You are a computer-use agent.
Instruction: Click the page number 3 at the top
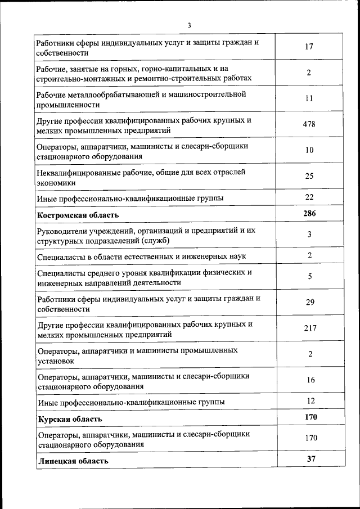click(x=190, y=25)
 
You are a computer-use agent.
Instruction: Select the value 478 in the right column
click(x=309, y=125)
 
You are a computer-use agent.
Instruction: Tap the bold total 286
click(x=309, y=214)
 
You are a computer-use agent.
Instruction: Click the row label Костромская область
click(x=78, y=215)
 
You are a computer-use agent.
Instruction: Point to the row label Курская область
click(x=70, y=420)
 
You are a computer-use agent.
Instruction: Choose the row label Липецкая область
click(x=73, y=461)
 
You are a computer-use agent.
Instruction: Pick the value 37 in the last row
click(x=311, y=460)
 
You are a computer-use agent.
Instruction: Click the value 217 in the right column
click(x=310, y=328)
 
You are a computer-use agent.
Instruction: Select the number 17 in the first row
click(x=309, y=47)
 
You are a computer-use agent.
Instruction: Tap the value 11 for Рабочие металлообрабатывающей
click(x=309, y=98)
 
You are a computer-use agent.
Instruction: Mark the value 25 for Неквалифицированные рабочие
click(x=309, y=177)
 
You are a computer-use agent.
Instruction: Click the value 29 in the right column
click(x=310, y=303)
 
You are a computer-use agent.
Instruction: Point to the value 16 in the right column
click(x=310, y=380)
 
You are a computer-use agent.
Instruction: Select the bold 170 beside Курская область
click(x=310, y=417)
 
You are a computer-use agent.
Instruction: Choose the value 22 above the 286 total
click(x=309, y=197)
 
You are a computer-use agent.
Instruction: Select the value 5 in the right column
click(x=309, y=277)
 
